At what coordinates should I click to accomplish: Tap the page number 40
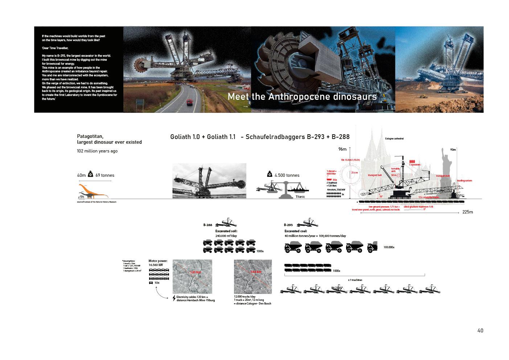(x=480, y=331)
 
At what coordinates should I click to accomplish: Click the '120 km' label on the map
(x=196, y=272)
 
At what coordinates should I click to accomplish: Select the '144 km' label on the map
(x=256, y=272)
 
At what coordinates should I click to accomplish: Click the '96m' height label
(x=342, y=149)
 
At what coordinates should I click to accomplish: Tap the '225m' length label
(x=468, y=212)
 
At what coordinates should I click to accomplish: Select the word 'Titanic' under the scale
(x=300, y=197)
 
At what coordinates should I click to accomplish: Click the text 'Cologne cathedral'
(x=394, y=139)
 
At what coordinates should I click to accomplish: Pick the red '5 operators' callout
(x=415, y=165)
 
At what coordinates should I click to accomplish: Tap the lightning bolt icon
(x=174, y=298)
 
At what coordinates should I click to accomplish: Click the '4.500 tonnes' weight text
(x=287, y=175)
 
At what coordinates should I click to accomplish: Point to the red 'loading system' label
(x=464, y=180)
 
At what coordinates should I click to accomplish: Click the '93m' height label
(x=453, y=150)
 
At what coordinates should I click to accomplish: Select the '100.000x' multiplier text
(x=389, y=247)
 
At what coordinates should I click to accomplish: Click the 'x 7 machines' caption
(x=355, y=280)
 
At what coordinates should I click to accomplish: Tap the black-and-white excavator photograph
(x=209, y=181)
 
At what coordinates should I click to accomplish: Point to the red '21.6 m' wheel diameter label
(x=354, y=173)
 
